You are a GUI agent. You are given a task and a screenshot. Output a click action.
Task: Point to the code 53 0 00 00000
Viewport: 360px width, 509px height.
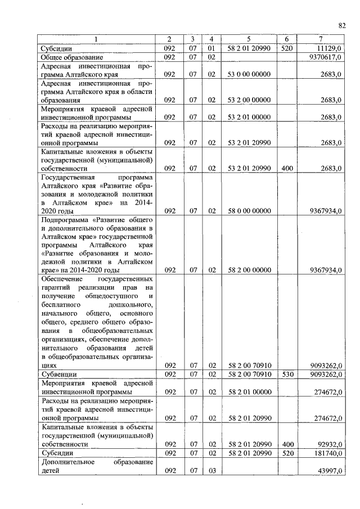pos(249,74)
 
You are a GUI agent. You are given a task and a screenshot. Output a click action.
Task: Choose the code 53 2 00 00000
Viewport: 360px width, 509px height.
pos(249,100)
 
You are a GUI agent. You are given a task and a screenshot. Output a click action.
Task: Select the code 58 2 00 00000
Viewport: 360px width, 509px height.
pos(249,270)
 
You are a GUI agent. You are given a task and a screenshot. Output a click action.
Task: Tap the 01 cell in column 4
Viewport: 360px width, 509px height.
pos(211,49)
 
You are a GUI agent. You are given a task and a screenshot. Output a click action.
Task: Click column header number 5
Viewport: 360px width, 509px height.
pos(249,39)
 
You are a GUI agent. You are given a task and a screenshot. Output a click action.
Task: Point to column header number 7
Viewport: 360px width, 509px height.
pos(321,39)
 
